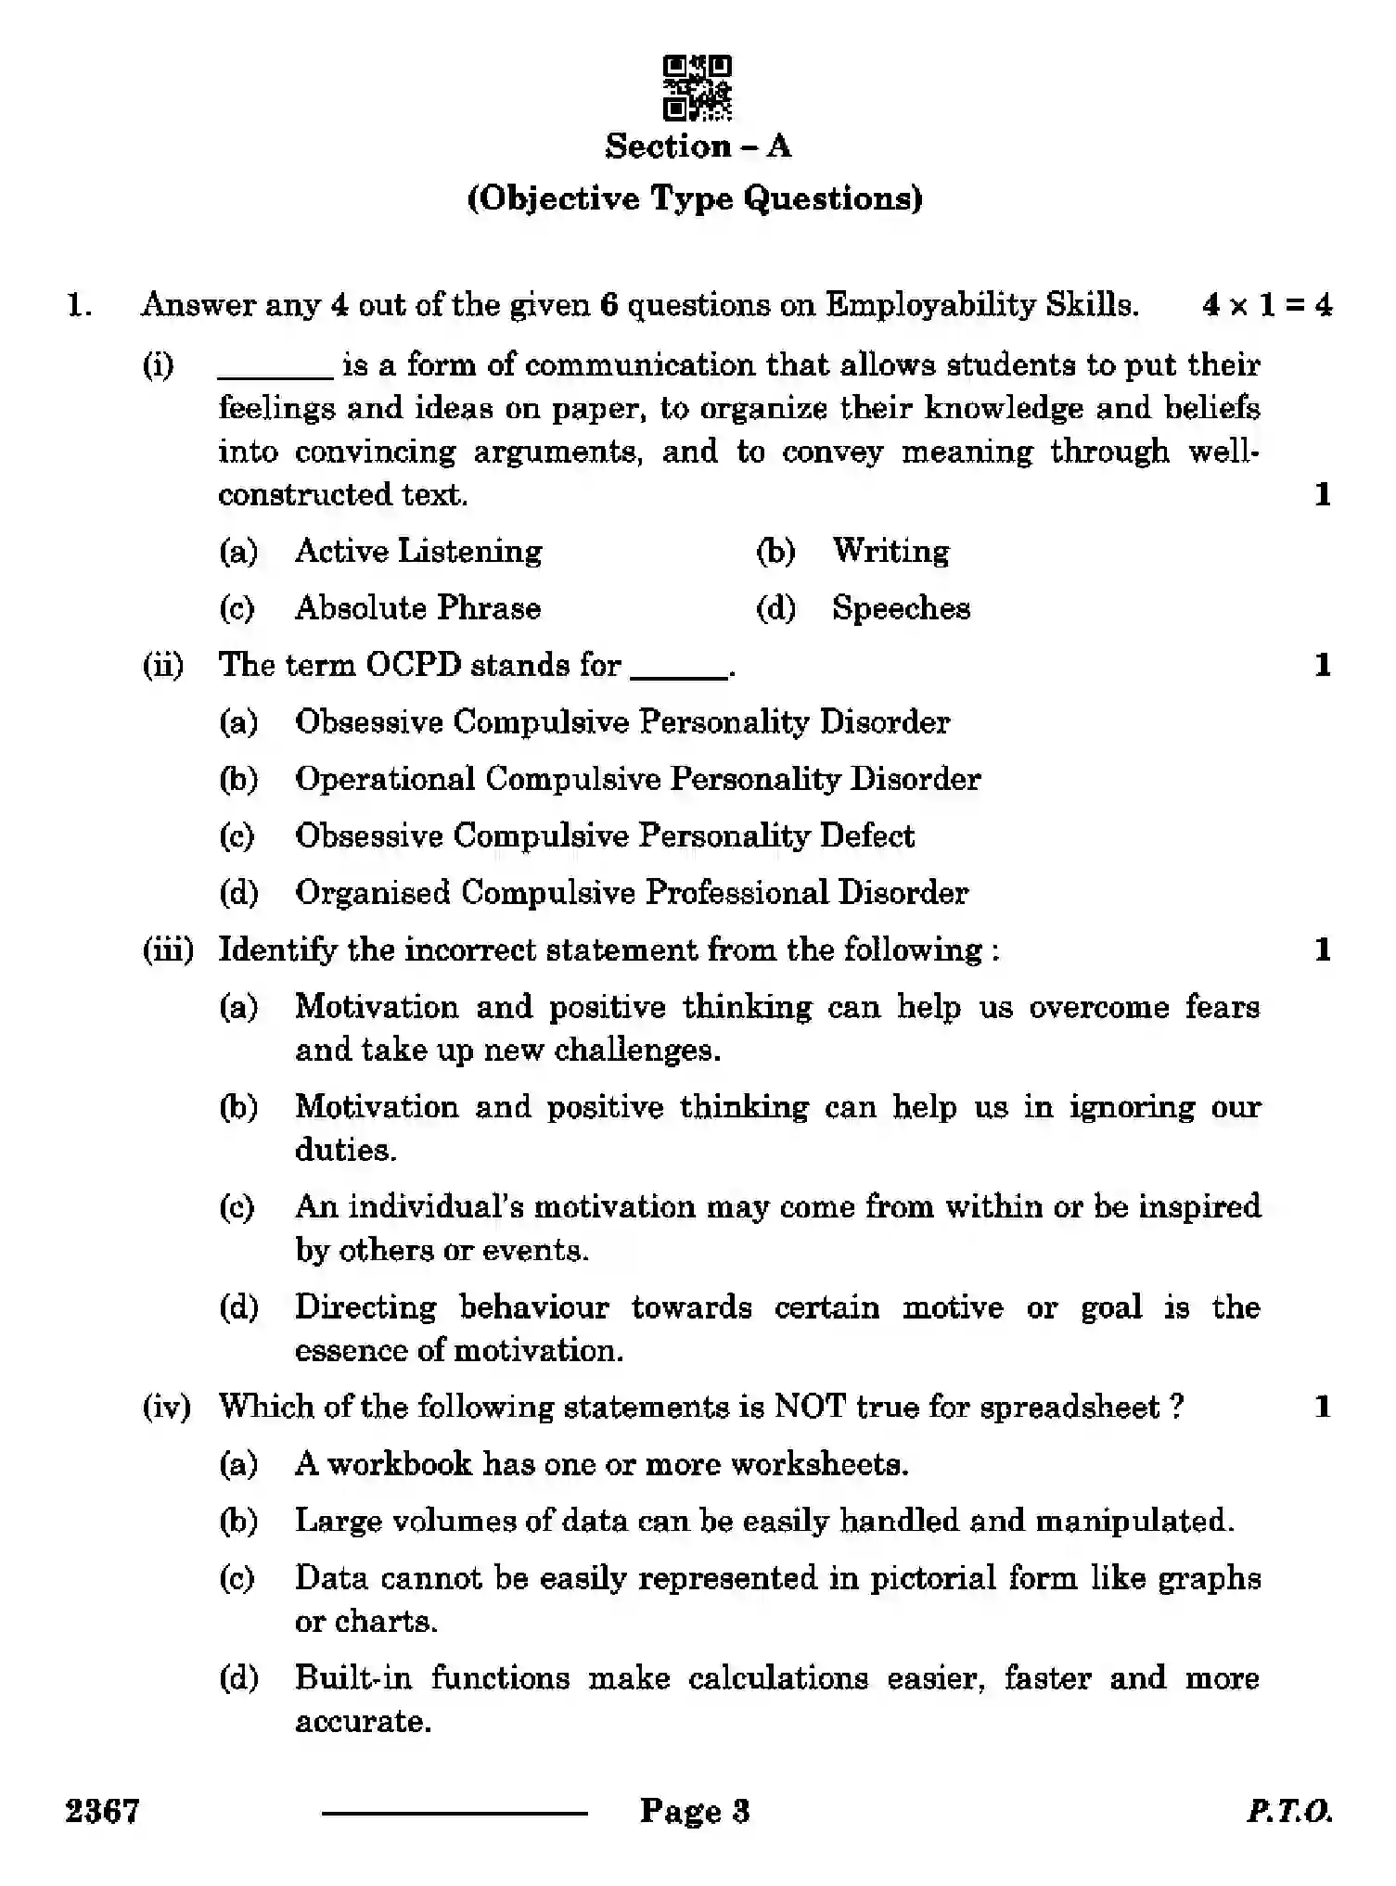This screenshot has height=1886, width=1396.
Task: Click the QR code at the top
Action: click(697, 88)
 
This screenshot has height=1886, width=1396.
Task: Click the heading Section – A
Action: click(698, 147)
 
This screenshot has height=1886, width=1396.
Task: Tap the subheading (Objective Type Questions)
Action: click(695, 198)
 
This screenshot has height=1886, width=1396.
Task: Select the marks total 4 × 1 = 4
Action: click(1266, 305)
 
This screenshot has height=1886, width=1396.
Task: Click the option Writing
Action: click(890, 551)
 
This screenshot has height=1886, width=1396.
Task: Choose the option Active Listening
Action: click(418, 551)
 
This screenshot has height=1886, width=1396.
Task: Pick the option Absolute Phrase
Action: click(417, 608)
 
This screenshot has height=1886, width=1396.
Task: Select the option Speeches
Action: click(901, 608)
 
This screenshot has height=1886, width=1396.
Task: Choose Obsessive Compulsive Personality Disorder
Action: click(621, 722)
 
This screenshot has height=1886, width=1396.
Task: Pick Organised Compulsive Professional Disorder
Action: click(631, 893)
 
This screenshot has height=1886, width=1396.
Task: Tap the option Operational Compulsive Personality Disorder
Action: click(637, 779)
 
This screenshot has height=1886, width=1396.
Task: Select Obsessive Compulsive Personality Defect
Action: click(604, 836)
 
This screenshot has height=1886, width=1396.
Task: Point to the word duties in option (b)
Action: click(345, 1150)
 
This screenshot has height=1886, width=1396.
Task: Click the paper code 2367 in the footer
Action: click(102, 1810)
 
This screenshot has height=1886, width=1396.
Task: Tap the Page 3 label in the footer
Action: click(694, 1811)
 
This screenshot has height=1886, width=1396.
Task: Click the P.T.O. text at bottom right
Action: click(1288, 1811)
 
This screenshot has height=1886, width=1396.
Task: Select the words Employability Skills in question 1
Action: click(981, 305)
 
